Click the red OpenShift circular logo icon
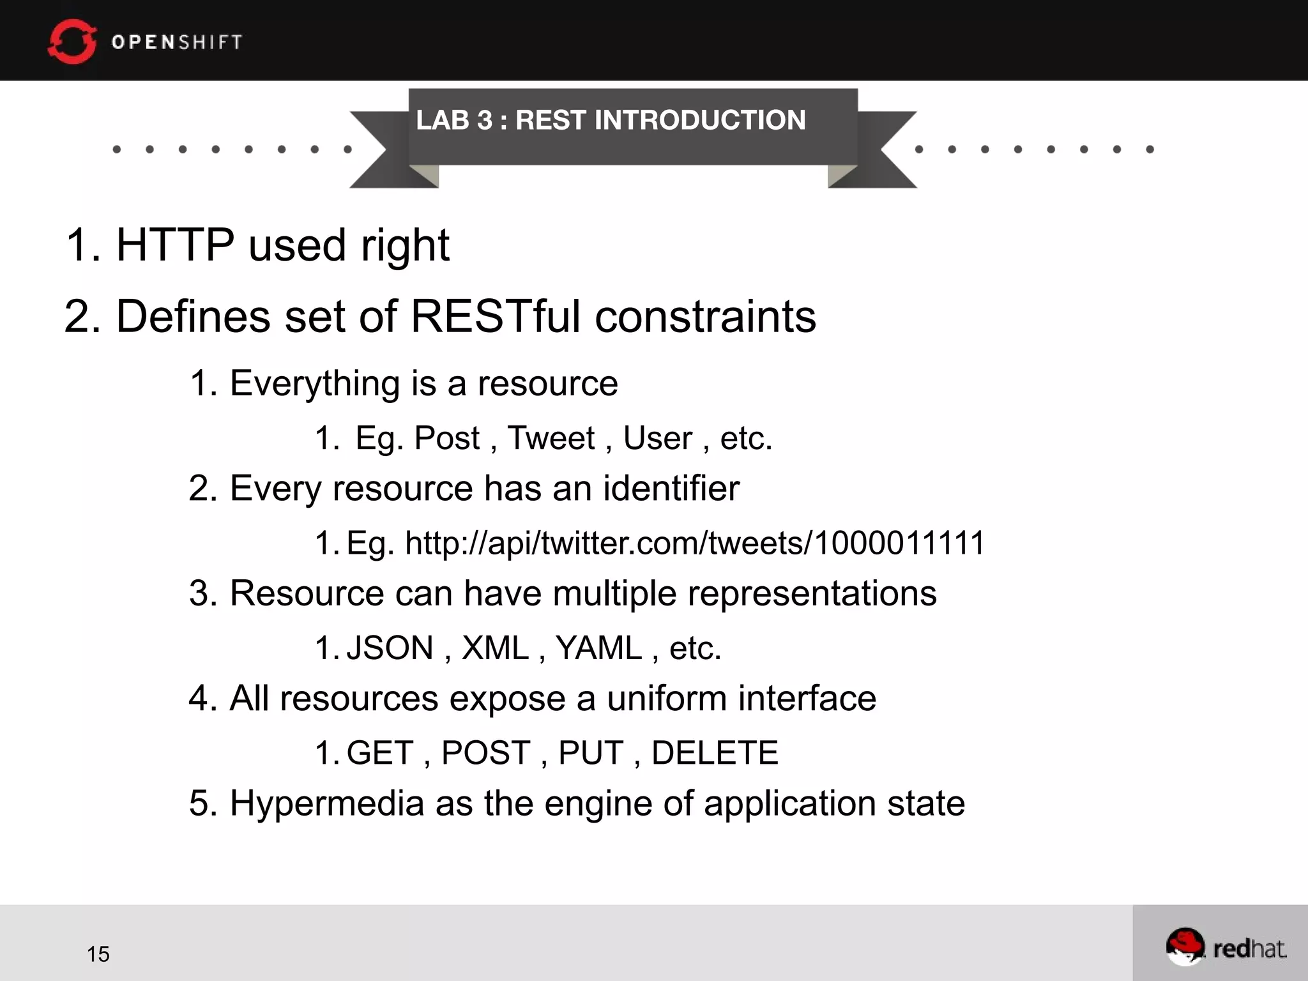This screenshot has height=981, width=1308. [x=72, y=42]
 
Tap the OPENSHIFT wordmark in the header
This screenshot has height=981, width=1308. [x=177, y=42]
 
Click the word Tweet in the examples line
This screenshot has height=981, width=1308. [x=551, y=439]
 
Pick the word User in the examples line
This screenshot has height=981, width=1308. [x=658, y=439]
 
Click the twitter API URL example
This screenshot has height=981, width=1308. [x=695, y=544]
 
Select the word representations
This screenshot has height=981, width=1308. [x=812, y=593]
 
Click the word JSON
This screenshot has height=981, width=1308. [x=390, y=648]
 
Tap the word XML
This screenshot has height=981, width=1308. [x=496, y=648]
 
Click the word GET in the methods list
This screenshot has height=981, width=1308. [x=381, y=753]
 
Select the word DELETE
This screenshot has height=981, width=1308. [x=715, y=753]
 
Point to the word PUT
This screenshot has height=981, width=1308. [x=591, y=753]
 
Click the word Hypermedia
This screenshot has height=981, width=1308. [x=327, y=803]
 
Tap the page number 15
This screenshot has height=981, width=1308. [x=98, y=954]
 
